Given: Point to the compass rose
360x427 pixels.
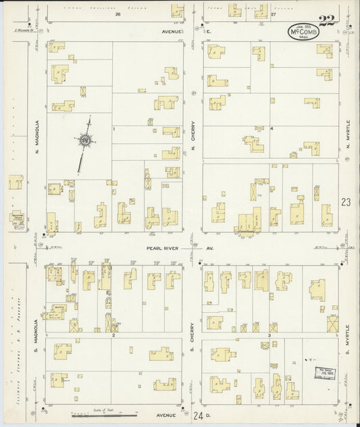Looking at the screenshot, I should coord(86,141).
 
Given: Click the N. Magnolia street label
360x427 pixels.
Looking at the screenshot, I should coord(38,134).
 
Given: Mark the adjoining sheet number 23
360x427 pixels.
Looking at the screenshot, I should coord(346,202).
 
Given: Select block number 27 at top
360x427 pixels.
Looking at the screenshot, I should coord(273,14).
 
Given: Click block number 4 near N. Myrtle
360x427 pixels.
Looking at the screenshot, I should coord(272,128).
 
